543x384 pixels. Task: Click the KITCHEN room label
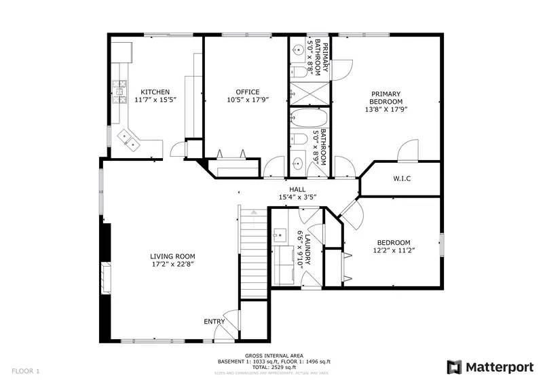[x=155, y=92]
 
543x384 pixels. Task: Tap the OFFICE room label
[x=248, y=92]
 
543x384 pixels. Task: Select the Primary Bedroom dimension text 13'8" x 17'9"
[x=386, y=108]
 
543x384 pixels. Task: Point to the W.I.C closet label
[x=402, y=179]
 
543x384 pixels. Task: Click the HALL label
[x=297, y=190]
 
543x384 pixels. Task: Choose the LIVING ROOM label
[x=172, y=256]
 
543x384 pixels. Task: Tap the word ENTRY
[x=214, y=322]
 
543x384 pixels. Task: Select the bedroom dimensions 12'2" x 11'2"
[x=393, y=250]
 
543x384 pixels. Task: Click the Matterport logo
[x=490, y=367]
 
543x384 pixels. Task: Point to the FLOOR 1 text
[x=26, y=371]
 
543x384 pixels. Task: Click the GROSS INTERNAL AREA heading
[x=274, y=356]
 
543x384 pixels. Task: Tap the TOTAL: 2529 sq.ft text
[x=274, y=367]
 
